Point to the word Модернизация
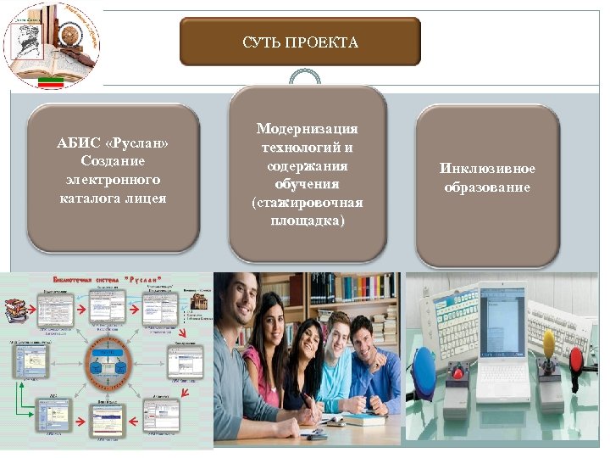(x=307, y=128)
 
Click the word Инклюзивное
(x=487, y=169)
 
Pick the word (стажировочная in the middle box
(x=307, y=203)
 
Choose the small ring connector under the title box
(x=305, y=77)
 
